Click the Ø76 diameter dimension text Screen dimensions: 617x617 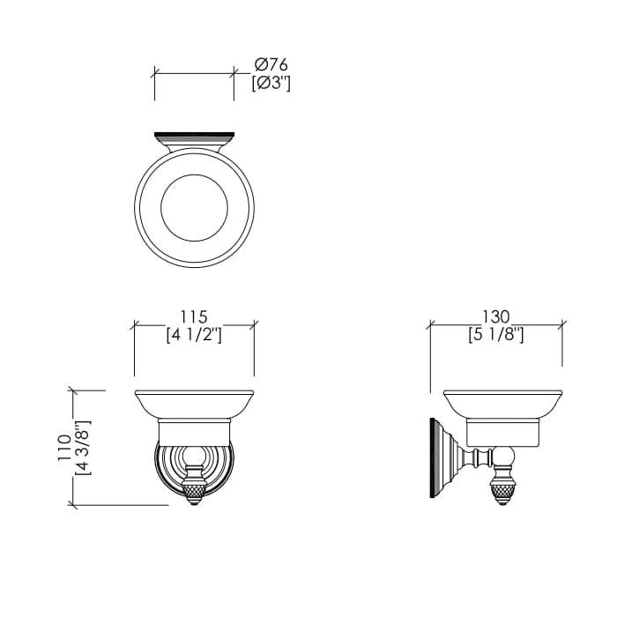click(x=271, y=64)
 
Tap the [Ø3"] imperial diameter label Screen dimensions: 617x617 click(x=271, y=83)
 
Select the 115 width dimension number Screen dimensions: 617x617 click(x=194, y=316)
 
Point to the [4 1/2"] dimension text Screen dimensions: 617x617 click(x=194, y=335)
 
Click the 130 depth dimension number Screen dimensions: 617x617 click(x=495, y=316)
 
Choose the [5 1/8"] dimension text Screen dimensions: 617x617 click(x=495, y=335)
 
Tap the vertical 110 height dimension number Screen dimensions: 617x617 click(x=64, y=448)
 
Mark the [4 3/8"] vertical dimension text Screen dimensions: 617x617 click(x=83, y=448)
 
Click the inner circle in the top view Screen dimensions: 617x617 click(x=195, y=175)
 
